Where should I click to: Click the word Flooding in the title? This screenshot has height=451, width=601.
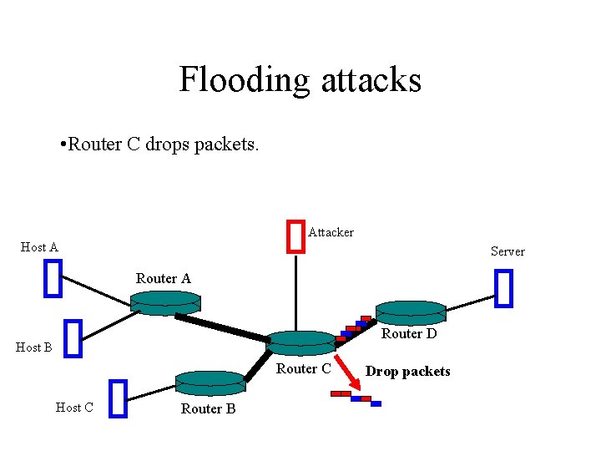243,80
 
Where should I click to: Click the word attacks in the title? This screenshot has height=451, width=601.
369,80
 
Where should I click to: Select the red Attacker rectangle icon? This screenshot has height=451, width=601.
295,235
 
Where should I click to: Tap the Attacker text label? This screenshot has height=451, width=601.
331,232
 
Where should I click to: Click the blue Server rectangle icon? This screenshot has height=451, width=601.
503,288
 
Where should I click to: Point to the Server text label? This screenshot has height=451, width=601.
508,251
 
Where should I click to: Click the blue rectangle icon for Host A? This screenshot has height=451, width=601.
53,278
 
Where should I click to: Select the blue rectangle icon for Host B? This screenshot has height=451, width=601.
73,337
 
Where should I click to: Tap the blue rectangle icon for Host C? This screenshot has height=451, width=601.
118,398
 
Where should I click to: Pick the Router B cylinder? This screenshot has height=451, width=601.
210,382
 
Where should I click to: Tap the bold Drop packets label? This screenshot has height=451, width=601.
407,372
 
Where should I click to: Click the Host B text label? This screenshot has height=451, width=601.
34,347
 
